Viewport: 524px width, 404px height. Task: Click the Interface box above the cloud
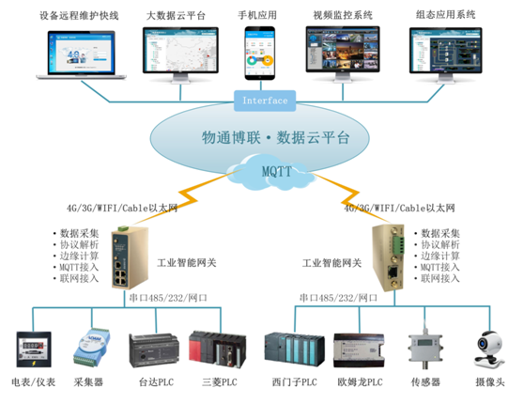(265, 100)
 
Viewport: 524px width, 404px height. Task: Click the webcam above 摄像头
(487, 346)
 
